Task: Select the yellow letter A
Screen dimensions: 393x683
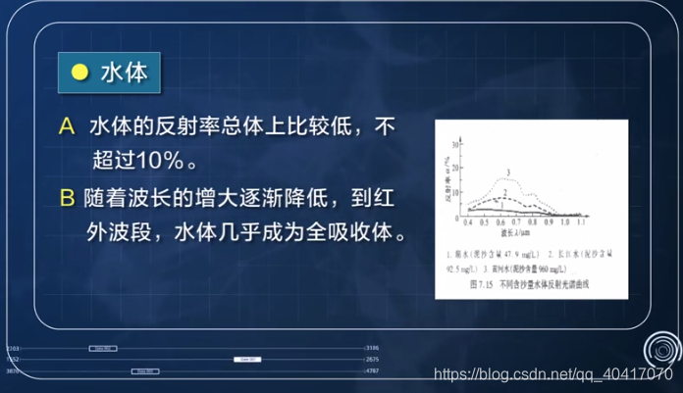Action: [x=67, y=126]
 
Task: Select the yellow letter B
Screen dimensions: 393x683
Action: [x=67, y=198]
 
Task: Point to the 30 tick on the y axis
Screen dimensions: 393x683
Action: [x=455, y=144]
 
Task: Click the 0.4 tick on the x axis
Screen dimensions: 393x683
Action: [x=466, y=222]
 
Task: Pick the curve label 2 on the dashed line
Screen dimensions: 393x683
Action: [x=504, y=194]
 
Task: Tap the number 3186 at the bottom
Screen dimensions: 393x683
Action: [x=372, y=348]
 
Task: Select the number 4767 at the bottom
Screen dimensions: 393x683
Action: [x=372, y=372]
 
